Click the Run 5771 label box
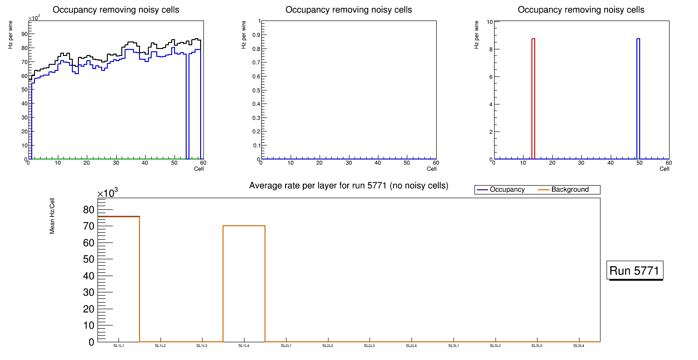coord(635,270)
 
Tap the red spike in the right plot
coord(533,98)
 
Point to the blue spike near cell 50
coord(638,98)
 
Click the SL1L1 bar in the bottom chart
coord(119,280)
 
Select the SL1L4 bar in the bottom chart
coord(244,284)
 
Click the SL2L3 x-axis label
coord(370,346)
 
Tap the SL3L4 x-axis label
coord(579,346)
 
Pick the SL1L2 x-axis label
coord(161,346)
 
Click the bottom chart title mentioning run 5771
coord(349,186)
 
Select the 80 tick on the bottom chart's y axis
coord(89,210)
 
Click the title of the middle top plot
coord(349,10)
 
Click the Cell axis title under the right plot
coord(664,169)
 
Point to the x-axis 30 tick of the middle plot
coord(349,163)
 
